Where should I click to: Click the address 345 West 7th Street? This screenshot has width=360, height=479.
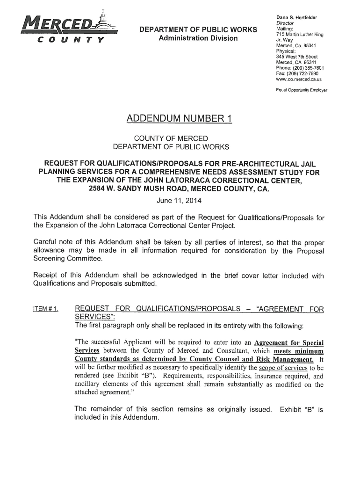coord(297,56)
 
